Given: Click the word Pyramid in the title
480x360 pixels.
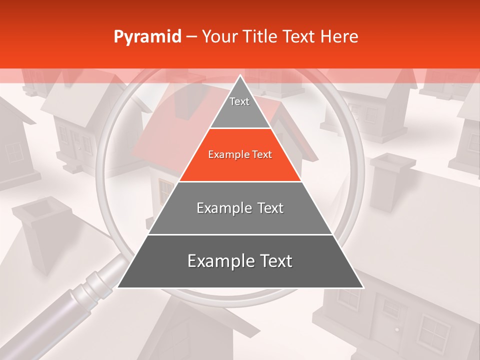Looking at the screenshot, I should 147,37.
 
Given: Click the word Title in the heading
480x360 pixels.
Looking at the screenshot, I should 261,36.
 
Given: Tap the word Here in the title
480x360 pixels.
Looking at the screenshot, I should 339,36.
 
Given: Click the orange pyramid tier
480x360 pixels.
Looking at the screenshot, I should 240,155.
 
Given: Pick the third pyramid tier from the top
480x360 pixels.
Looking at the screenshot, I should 240,208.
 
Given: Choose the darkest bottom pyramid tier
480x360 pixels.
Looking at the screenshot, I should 240,261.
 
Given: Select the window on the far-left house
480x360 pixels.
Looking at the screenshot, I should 14,152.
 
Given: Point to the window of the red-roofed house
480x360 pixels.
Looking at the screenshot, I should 165,190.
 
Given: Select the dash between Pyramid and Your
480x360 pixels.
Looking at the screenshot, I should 191,37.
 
